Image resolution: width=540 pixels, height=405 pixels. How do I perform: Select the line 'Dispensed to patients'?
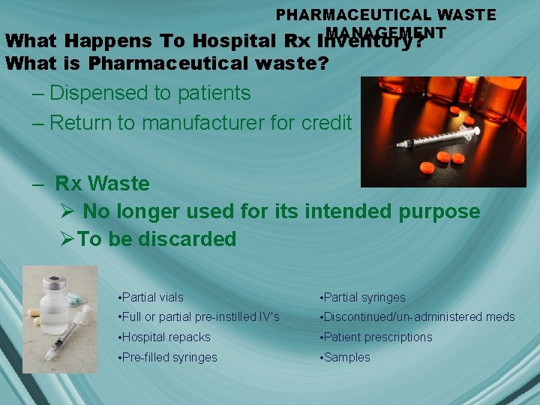tap(150, 93)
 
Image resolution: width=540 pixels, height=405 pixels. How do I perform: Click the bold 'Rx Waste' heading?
tap(102, 184)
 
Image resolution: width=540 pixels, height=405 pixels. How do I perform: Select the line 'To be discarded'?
tap(157, 239)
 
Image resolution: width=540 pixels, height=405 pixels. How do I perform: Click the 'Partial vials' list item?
tap(153, 298)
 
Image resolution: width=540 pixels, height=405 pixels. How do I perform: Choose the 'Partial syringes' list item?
tap(364, 298)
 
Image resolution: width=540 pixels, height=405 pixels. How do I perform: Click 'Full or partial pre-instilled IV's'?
tap(201, 317)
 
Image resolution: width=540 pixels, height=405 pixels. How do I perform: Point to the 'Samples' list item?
tap(347, 358)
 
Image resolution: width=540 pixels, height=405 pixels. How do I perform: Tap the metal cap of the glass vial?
tap(54, 284)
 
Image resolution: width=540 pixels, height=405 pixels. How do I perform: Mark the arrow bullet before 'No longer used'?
tap(67, 212)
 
